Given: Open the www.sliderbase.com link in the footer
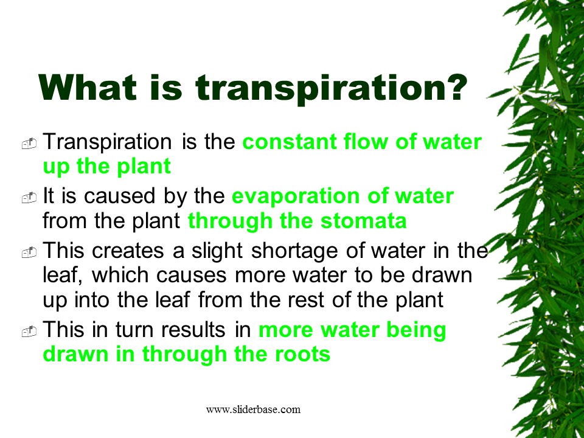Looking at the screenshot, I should pos(253,409).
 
